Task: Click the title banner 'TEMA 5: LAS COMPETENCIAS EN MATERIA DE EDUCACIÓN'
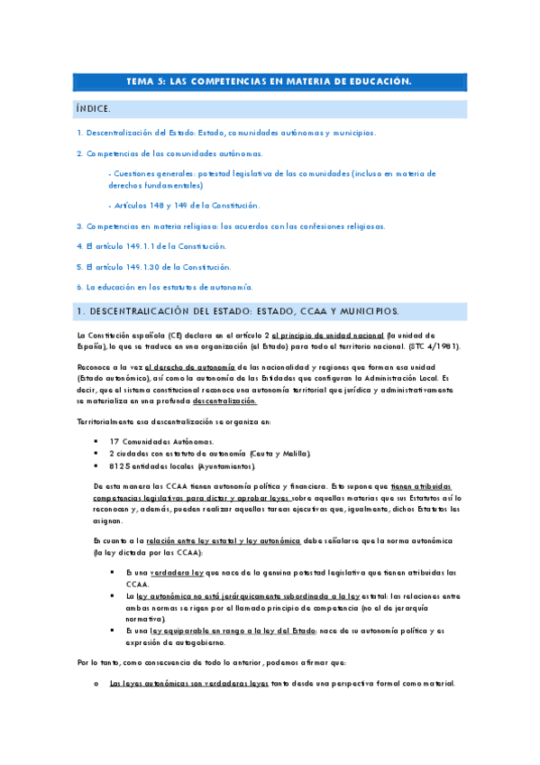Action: click(270, 82)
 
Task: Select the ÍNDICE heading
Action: click(95, 109)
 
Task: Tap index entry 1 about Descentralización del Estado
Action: click(226, 133)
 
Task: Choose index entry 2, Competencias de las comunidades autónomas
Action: click(169, 153)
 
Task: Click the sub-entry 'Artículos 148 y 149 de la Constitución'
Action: click(183, 206)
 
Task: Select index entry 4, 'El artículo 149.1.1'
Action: click(151, 245)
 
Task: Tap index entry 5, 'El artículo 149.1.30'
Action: click(153, 266)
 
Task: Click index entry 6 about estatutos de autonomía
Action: click(163, 287)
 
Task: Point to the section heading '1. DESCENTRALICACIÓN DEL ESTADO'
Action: click(237, 311)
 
